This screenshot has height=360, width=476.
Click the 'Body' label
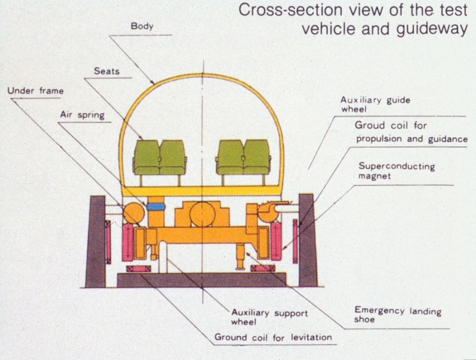[142, 26]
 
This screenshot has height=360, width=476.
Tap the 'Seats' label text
[107, 71]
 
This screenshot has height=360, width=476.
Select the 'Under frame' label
[36, 91]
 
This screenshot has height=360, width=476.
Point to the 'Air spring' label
[82, 115]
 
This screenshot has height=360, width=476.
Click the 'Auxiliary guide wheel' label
[375, 104]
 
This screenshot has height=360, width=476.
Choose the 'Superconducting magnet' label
[396, 171]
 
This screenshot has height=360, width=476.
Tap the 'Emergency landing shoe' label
[397, 315]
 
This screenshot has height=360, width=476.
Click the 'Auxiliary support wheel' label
[269, 317]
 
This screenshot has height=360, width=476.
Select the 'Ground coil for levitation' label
[273, 337]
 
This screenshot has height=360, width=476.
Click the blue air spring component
[155, 206]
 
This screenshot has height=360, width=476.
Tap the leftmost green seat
[146, 157]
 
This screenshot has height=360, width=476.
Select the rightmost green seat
[256, 157]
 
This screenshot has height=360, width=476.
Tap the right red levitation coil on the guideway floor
[262, 269]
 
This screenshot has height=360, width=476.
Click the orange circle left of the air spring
[133, 213]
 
